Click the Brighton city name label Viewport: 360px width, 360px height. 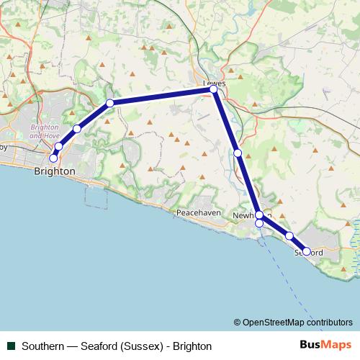click(54, 171)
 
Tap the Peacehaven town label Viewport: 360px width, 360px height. click(198, 213)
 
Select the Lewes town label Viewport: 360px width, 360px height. click(215, 83)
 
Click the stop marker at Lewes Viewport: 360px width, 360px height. click(214, 89)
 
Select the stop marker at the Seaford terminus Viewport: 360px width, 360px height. click(307, 251)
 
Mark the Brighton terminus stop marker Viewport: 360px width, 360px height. click(53, 158)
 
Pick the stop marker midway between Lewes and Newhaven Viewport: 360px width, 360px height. click(238, 153)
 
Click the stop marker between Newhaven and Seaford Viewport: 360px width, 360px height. click(289, 236)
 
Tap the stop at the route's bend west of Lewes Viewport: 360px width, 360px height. click(110, 103)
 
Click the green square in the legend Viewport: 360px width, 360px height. click(11, 346)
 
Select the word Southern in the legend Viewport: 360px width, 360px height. click(42, 346)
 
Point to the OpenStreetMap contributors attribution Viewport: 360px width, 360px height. click(293, 322)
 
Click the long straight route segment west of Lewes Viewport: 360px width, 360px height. click(162, 96)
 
